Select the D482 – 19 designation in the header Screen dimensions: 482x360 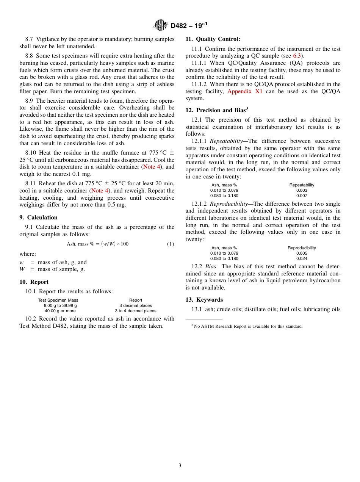point(189,26)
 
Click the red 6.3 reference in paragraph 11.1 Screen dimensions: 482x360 point(297,56)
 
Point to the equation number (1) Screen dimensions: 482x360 point(171,244)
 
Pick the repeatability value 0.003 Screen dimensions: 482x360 point(302,190)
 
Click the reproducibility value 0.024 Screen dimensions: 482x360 point(302,258)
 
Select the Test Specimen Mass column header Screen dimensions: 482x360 point(58,300)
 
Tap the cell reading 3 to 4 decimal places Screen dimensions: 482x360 point(135,311)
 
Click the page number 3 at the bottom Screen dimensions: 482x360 point(180,466)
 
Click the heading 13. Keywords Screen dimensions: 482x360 point(204,300)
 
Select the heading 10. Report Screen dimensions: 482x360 point(34,282)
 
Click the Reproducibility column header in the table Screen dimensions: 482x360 point(302,248)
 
